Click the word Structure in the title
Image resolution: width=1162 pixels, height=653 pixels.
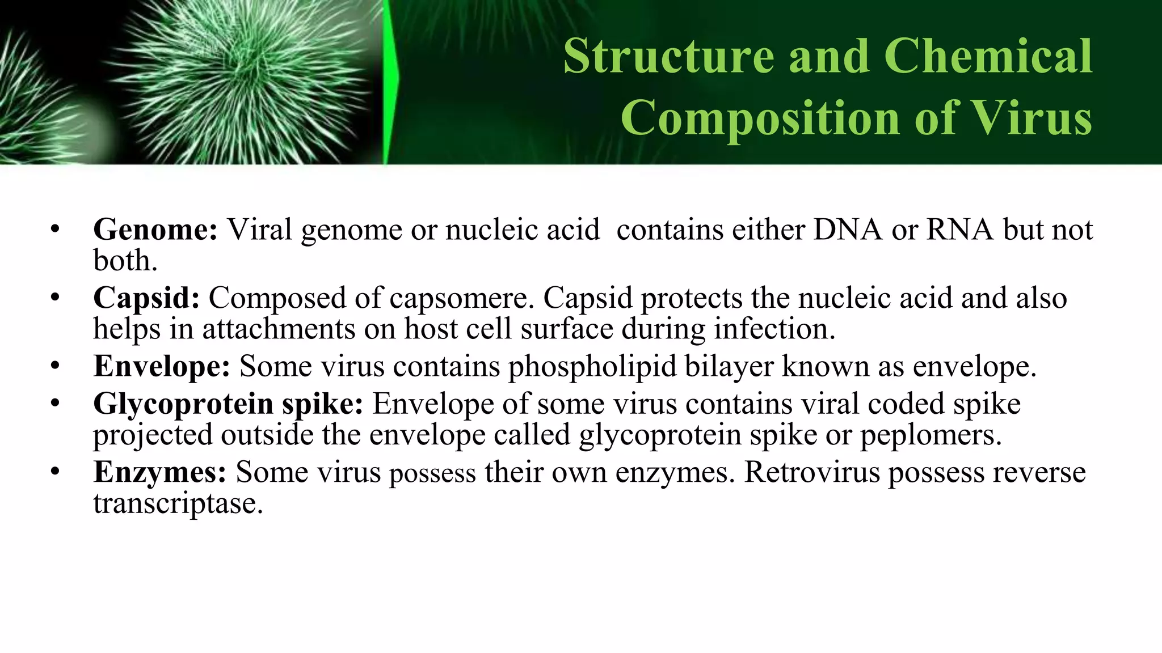tap(668, 56)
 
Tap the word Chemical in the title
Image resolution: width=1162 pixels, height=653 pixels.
tap(988, 56)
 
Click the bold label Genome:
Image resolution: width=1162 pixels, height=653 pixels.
tap(155, 230)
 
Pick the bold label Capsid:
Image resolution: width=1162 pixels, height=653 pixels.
tap(146, 298)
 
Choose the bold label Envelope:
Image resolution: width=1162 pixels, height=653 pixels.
tap(162, 366)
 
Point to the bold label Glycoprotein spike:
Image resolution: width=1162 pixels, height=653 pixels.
tap(228, 405)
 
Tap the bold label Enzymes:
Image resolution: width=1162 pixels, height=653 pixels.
tap(159, 472)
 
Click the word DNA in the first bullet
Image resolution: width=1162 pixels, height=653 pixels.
tap(848, 230)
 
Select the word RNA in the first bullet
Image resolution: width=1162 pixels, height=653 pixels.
tap(960, 230)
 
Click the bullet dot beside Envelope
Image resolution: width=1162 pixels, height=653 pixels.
tap(54, 366)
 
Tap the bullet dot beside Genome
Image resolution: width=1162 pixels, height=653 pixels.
tap(54, 230)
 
